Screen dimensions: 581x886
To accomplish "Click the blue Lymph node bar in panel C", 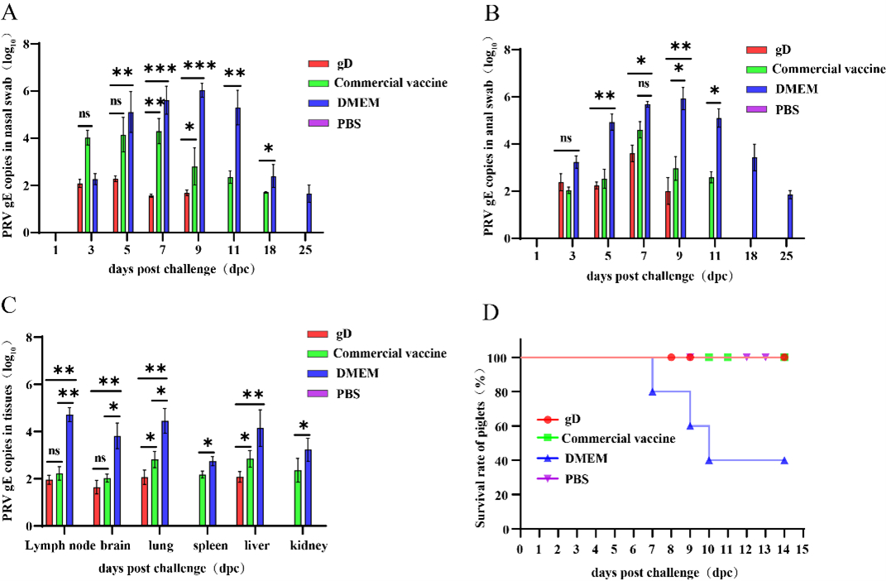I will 69,470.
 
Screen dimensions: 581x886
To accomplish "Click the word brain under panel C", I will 116,546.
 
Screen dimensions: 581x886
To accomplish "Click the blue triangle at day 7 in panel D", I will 652,392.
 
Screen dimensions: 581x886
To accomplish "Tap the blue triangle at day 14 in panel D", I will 783,461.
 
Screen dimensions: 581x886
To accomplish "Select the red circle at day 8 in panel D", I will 671,358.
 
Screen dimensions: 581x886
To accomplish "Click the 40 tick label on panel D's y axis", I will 504,460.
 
